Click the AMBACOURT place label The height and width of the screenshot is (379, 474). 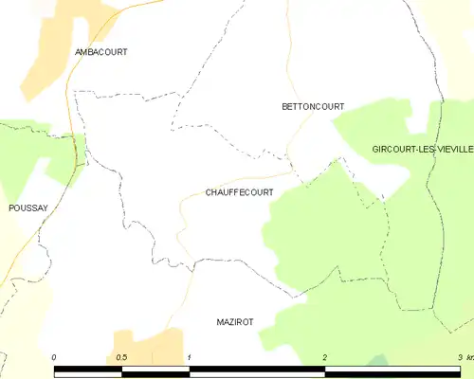point(100,51)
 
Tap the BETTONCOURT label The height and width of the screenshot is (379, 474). point(313,107)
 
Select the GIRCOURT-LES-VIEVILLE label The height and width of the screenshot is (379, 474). point(422,150)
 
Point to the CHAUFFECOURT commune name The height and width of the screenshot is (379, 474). point(239,192)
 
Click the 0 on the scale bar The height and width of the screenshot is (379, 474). point(54,357)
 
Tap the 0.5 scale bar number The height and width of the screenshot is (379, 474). point(121,357)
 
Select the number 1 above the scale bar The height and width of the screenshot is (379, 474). point(190,357)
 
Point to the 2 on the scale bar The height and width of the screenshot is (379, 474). point(325,357)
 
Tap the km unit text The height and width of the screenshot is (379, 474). point(467,357)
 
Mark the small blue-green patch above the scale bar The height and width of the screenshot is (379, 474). point(378,360)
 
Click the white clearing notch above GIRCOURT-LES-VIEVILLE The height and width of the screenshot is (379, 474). point(417,120)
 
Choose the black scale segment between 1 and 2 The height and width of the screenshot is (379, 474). point(257,370)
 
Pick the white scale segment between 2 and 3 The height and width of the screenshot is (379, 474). point(392,370)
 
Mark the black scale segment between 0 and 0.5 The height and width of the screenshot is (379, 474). point(88,370)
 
